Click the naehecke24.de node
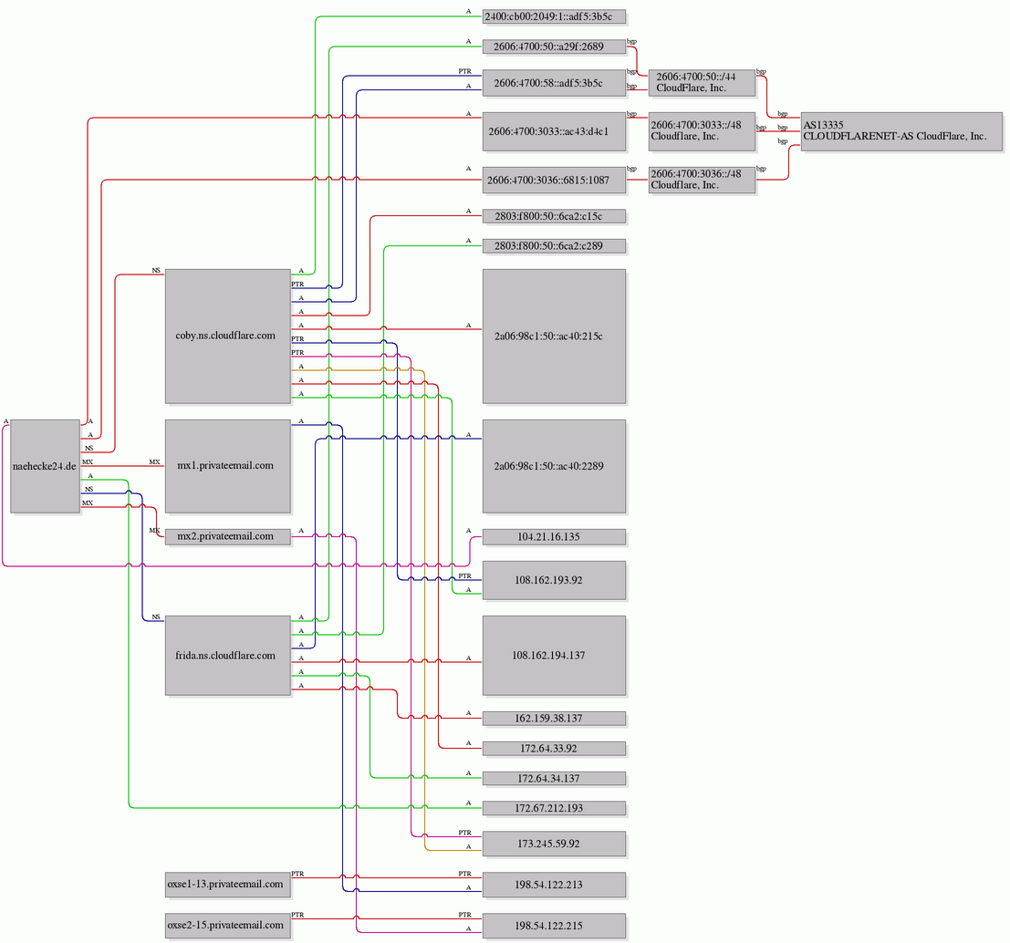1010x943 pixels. pyautogui.click(x=45, y=466)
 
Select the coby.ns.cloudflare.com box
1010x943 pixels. pyautogui.click(x=228, y=336)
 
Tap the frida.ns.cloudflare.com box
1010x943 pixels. pyautogui.click(x=228, y=656)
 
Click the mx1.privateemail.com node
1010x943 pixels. pyautogui.click(x=228, y=466)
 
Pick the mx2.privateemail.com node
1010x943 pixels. pyautogui.click(x=228, y=536)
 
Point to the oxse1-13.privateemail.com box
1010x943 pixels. pyautogui.click(x=228, y=885)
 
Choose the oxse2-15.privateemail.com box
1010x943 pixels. pyautogui.click(x=228, y=925)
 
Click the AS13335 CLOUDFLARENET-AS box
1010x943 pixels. pyautogui.click(x=901, y=131)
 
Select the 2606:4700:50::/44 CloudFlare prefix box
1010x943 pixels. pyautogui.click(x=703, y=82)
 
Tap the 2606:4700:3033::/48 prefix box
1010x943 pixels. pyautogui.click(x=703, y=131)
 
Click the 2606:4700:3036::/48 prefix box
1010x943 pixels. pyautogui.click(x=703, y=180)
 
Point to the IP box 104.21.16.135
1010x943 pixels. pyautogui.click(x=554, y=536)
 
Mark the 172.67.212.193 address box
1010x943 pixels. pyautogui.click(x=554, y=808)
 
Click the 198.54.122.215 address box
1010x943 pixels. pyautogui.click(x=554, y=925)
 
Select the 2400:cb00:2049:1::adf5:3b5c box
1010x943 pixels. pyautogui.click(x=554, y=16)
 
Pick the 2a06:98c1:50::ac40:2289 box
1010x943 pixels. pyautogui.click(x=554, y=466)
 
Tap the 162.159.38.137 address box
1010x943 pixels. pyautogui.click(x=554, y=719)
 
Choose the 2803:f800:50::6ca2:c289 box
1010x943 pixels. pyautogui.click(x=554, y=246)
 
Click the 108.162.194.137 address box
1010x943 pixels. pyautogui.click(x=554, y=656)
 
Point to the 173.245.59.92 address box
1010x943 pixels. pyautogui.click(x=554, y=844)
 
